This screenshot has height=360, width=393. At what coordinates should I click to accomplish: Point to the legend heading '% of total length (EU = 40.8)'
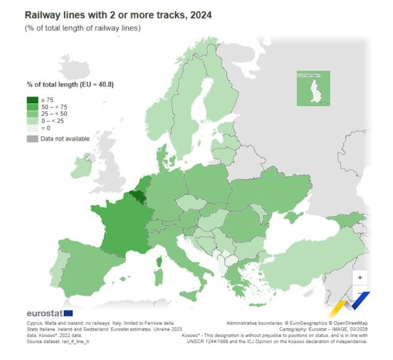[74, 84]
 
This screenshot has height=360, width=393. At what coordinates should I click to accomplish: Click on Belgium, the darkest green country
[138, 196]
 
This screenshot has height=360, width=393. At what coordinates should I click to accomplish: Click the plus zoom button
[359, 277]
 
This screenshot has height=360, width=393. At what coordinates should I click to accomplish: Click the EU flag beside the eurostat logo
[69, 313]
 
